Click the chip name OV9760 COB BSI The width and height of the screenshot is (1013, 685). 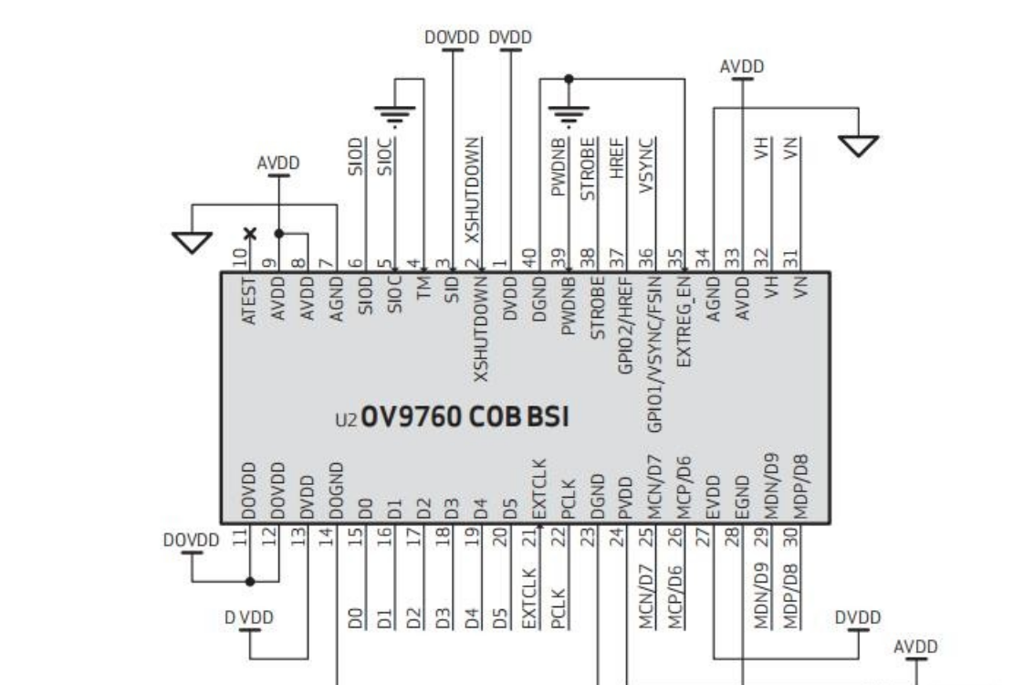[465, 418]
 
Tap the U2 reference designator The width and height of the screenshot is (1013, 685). [348, 421]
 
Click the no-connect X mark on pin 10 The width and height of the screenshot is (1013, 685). [249, 233]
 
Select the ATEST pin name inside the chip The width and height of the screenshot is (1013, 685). [249, 301]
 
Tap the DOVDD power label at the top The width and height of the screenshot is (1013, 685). [453, 37]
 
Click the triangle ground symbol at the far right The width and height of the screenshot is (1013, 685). [859, 145]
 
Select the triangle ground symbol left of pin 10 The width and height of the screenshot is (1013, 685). [192, 242]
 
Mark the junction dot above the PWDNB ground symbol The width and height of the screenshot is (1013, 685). [569, 79]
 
